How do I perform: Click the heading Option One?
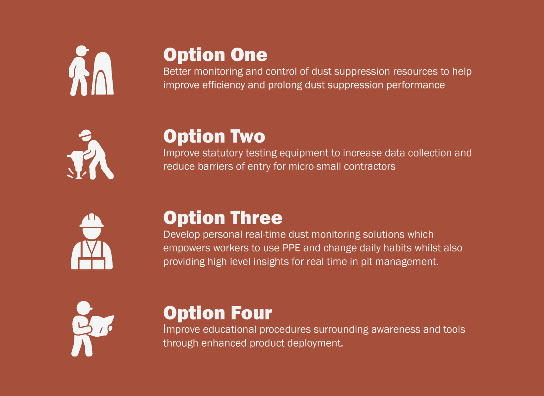coord(215,55)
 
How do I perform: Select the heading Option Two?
coord(214,136)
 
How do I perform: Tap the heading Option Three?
coord(223,218)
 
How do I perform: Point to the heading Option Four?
coord(218,313)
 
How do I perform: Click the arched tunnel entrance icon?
coord(103,73)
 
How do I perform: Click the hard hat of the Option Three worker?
coord(91,220)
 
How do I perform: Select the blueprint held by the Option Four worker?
coord(102,326)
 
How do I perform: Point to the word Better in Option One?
coord(177,71)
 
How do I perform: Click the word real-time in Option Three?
coord(264,234)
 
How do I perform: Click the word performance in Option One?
coord(415,85)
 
